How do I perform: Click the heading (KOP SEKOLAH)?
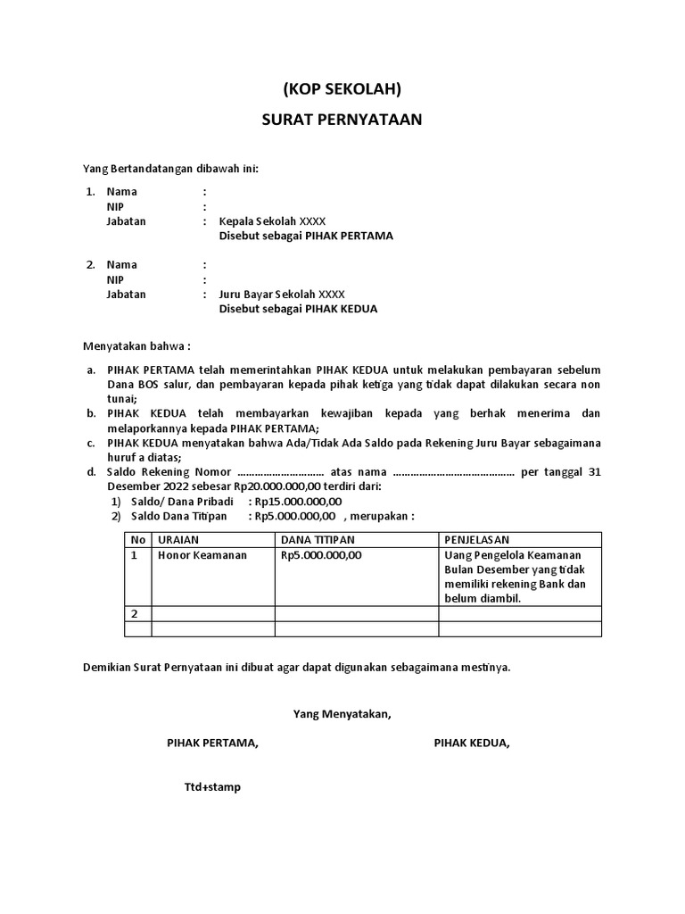point(342,89)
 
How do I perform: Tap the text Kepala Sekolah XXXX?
point(266,221)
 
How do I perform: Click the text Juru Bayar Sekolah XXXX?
point(275,294)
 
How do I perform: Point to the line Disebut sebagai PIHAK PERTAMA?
point(306,237)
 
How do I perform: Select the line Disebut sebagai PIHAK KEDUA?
point(299,309)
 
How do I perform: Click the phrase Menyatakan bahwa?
point(136,345)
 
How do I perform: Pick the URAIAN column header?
point(178,540)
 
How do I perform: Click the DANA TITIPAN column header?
point(318,540)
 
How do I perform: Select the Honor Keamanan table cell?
point(202,555)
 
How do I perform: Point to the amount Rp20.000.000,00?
point(276,486)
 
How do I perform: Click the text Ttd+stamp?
point(212,787)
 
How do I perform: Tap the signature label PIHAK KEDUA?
point(472,743)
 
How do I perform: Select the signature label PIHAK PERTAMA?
point(212,743)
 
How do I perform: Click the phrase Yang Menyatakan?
point(342,713)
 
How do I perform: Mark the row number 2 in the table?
point(136,614)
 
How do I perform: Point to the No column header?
point(137,540)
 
